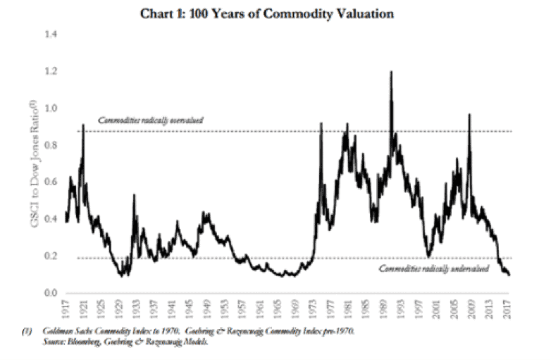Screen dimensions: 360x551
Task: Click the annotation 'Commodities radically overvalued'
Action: [x=150, y=120]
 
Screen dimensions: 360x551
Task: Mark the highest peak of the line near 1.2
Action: [x=390, y=71]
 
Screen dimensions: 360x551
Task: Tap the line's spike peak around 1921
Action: [x=84, y=125]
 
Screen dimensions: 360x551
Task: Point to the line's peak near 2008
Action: [x=469, y=114]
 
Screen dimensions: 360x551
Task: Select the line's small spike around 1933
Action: [x=135, y=195]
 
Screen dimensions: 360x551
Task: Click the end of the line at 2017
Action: [x=509, y=275]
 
